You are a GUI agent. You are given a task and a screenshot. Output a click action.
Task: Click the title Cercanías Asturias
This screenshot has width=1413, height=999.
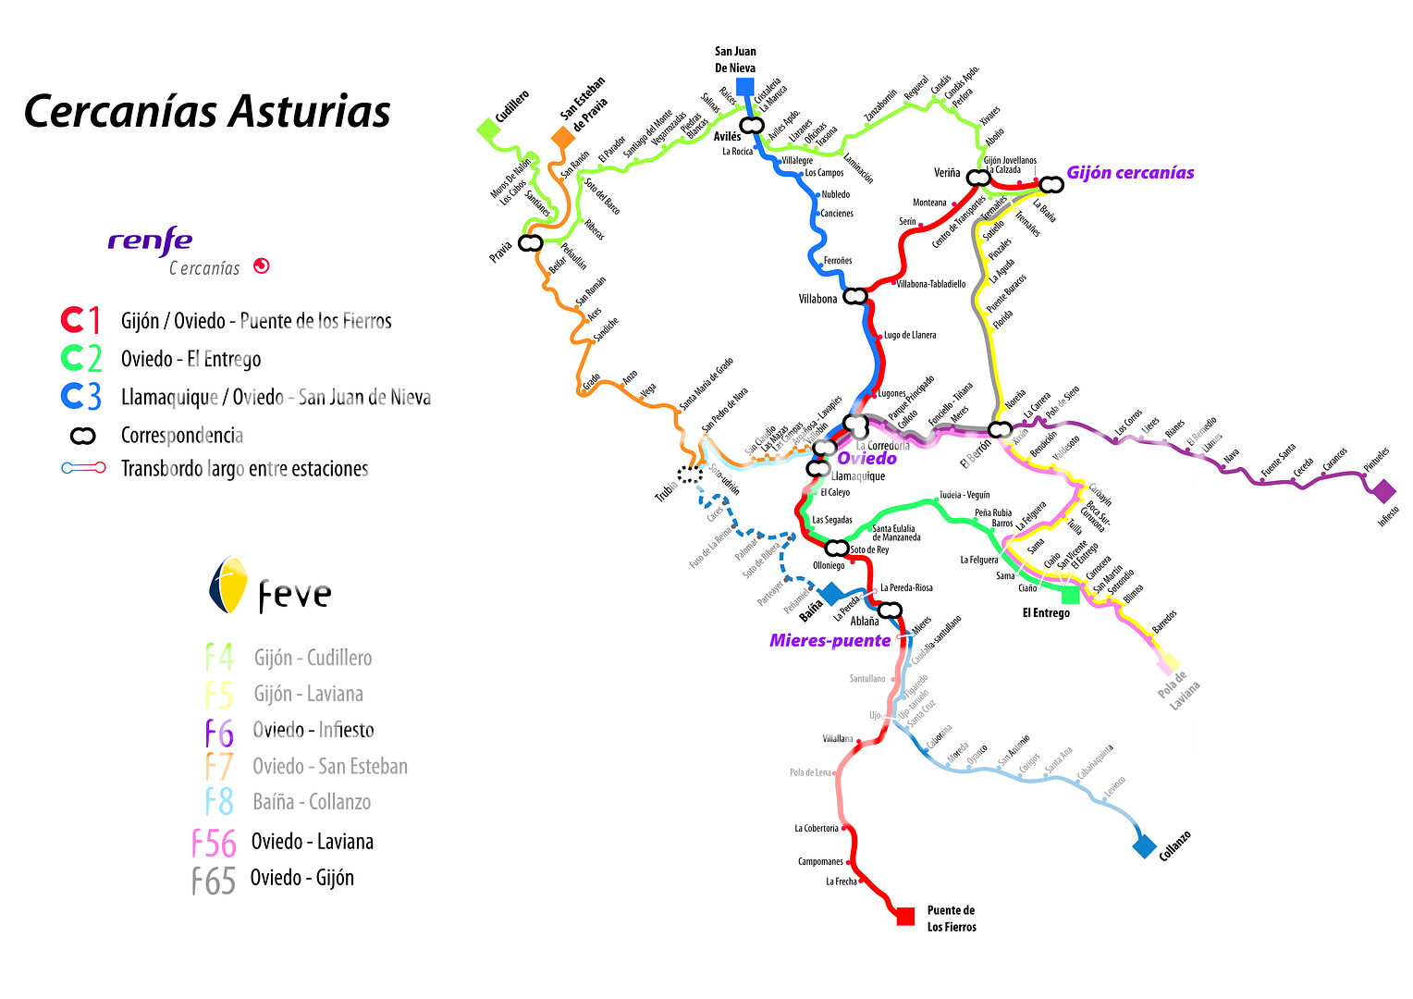click(207, 112)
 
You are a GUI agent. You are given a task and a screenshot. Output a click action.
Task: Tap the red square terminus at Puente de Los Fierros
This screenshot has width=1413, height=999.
click(905, 916)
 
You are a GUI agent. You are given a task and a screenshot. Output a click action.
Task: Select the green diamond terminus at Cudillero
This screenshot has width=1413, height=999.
click(487, 129)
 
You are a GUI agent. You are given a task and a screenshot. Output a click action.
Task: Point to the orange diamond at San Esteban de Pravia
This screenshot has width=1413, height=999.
click(562, 138)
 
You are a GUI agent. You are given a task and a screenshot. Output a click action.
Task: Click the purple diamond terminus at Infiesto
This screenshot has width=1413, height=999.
click(1383, 491)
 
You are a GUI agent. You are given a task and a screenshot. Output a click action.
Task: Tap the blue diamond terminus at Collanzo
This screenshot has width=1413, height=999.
click(1144, 845)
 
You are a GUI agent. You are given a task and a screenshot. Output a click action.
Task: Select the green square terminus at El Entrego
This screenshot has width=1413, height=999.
click(1070, 594)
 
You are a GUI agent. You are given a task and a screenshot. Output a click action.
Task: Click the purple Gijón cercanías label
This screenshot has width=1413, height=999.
click(1130, 173)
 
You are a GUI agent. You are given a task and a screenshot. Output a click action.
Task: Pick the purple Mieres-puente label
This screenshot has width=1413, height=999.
click(829, 641)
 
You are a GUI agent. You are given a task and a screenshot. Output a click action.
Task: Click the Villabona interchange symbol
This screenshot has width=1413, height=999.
click(856, 297)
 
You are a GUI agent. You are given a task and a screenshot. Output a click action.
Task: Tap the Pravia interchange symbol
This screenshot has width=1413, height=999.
click(530, 243)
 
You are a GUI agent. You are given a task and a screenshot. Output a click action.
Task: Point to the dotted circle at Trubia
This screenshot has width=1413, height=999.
click(690, 475)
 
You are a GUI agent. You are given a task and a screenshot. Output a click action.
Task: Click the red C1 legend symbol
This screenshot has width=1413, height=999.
click(81, 320)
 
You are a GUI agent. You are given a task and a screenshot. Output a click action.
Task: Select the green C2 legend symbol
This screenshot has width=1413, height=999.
click(81, 358)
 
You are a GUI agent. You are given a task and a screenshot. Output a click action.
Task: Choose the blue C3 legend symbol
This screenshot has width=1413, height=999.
click(81, 396)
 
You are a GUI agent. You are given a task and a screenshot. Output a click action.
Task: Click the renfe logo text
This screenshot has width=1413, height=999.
click(150, 241)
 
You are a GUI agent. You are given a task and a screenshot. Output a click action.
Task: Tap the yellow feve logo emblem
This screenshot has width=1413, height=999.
click(228, 586)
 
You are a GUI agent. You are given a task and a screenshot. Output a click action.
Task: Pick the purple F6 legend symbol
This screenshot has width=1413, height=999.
click(219, 733)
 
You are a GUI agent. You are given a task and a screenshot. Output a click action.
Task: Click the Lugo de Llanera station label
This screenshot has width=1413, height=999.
click(910, 335)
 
